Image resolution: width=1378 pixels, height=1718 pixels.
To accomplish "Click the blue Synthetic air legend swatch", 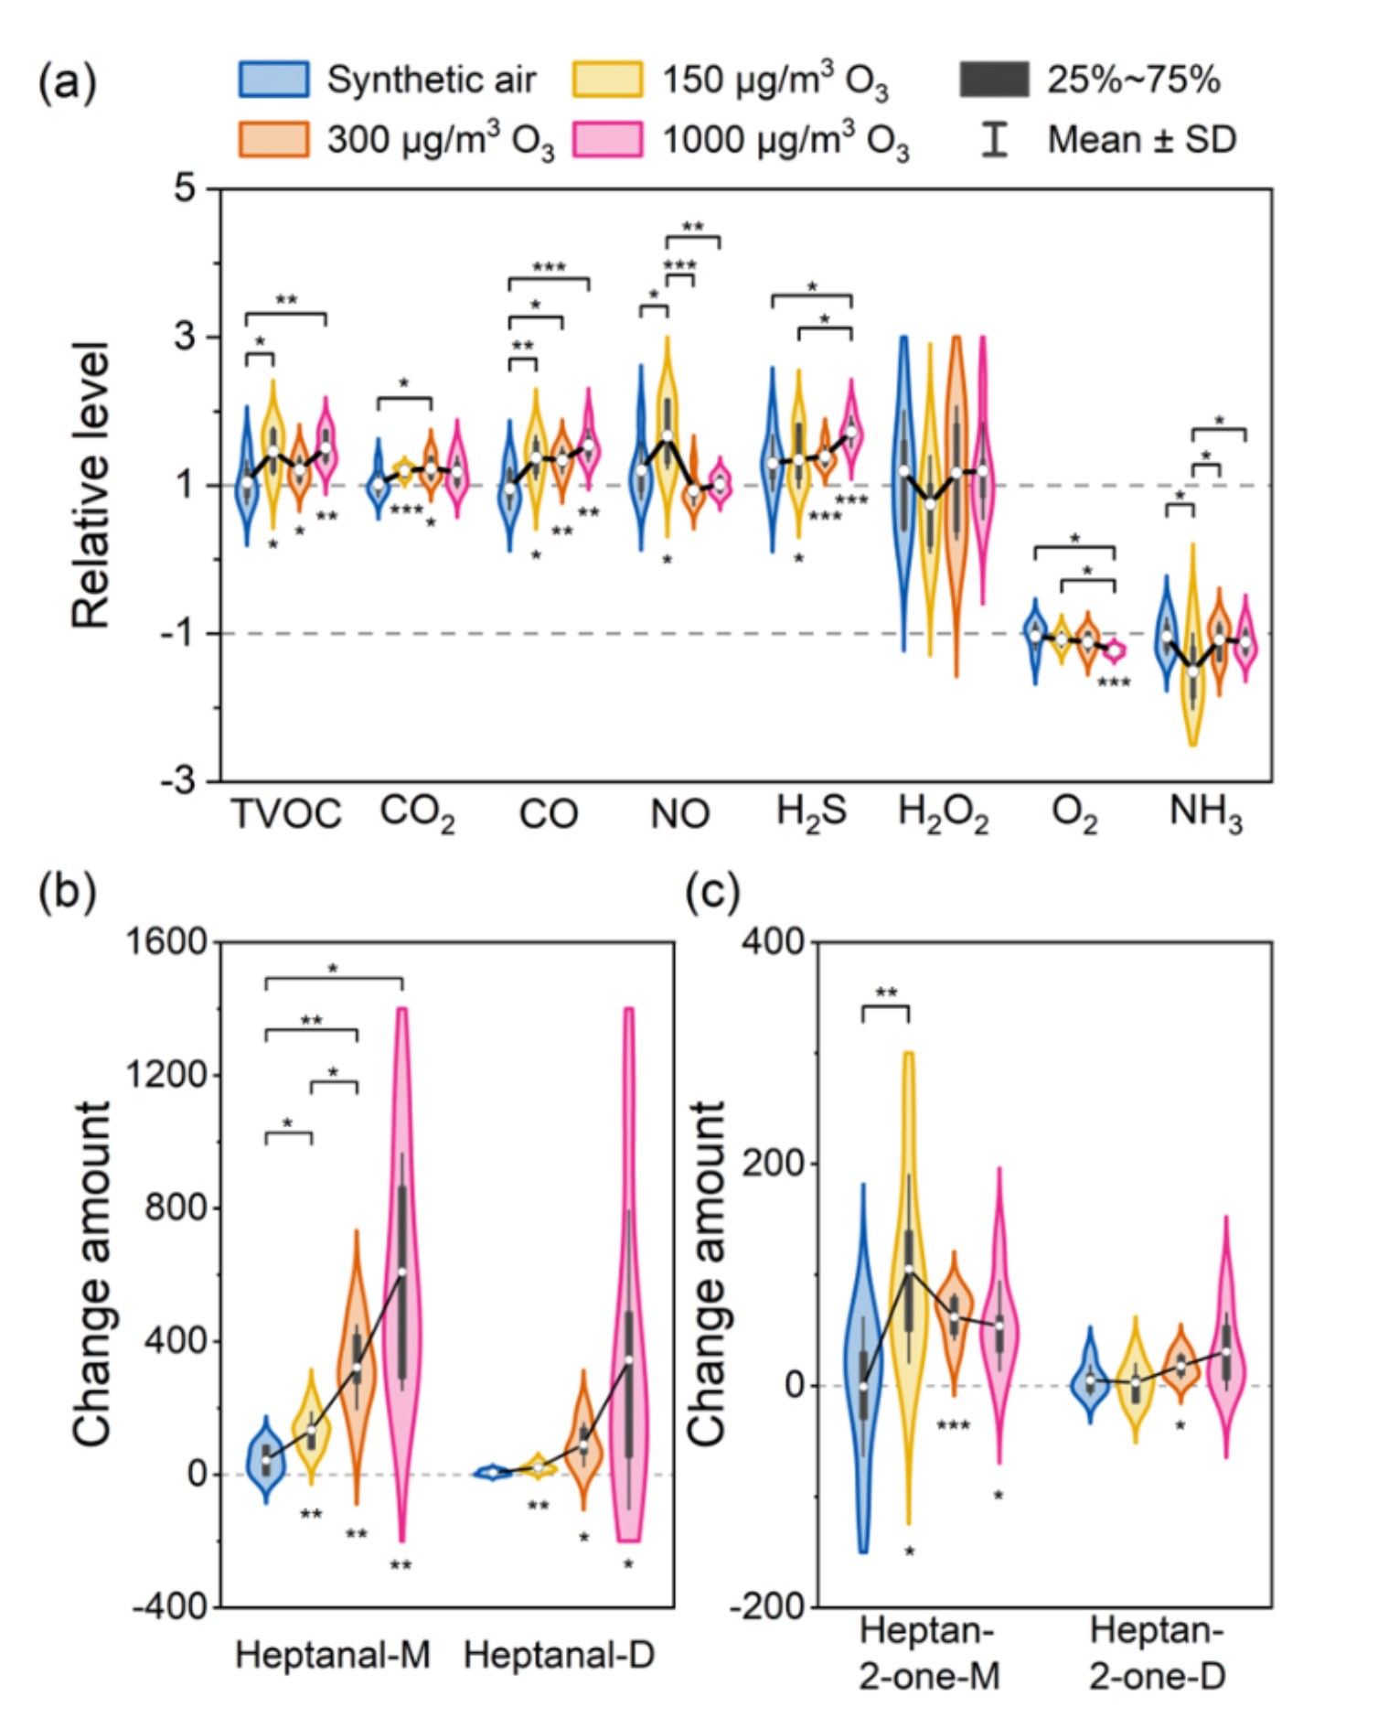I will tap(273, 80).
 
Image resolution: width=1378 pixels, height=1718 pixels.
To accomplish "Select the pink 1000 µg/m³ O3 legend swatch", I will tap(607, 140).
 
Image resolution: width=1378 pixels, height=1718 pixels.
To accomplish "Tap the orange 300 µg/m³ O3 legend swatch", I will tap(273, 140).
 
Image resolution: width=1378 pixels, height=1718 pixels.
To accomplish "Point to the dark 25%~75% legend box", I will tap(994, 80).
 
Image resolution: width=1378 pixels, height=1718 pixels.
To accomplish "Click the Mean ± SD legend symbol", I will tap(994, 140).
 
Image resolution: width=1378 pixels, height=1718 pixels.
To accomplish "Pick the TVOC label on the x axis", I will tap(286, 813).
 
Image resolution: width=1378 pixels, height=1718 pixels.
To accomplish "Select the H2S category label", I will tap(811, 811).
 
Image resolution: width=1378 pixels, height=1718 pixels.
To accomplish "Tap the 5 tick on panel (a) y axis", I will tap(186, 188).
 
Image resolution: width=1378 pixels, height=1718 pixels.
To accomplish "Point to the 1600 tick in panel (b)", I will tap(166, 941).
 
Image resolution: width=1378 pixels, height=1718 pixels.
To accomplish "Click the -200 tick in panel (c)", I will tap(768, 1606).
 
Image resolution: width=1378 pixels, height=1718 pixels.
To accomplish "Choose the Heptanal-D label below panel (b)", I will tap(560, 1655).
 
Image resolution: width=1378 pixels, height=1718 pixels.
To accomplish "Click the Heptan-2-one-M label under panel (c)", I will tap(928, 1653).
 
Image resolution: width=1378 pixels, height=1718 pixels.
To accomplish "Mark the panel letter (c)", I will tap(712, 892).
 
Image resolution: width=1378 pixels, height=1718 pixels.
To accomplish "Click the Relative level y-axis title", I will tap(91, 485).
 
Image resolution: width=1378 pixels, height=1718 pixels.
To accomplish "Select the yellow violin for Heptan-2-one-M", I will tap(909, 1281).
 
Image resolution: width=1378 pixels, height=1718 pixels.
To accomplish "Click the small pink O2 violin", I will tap(1114, 650).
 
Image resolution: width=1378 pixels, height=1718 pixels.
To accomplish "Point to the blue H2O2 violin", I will tap(904, 476).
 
